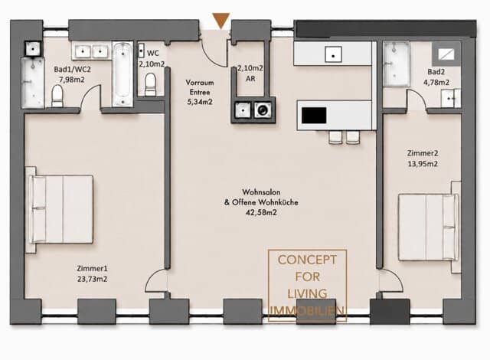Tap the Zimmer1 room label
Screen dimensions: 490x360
(x=92, y=268)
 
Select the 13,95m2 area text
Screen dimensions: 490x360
(x=423, y=164)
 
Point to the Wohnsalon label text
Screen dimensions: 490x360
(x=261, y=191)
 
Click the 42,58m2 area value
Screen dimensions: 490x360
(x=261, y=213)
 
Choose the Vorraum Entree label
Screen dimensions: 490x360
(x=200, y=87)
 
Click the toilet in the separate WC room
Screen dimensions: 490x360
(x=150, y=84)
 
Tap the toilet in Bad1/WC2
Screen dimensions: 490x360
(x=57, y=96)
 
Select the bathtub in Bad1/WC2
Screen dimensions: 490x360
(x=122, y=74)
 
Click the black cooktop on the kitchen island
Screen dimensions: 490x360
(x=314, y=116)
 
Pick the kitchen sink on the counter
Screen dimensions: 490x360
(x=333, y=54)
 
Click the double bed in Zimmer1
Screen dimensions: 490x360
(x=61, y=209)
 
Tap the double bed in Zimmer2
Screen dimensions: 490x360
(x=428, y=227)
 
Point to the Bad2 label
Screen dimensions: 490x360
(x=436, y=72)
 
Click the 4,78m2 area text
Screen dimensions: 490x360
(x=436, y=83)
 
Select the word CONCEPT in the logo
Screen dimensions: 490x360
(x=307, y=260)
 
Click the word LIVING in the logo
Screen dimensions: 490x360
(x=307, y=294)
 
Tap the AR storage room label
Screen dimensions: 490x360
(x=250, y=79)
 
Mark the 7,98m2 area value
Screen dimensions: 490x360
(x=72, y=80)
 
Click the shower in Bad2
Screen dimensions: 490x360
(x=397, y=64)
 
